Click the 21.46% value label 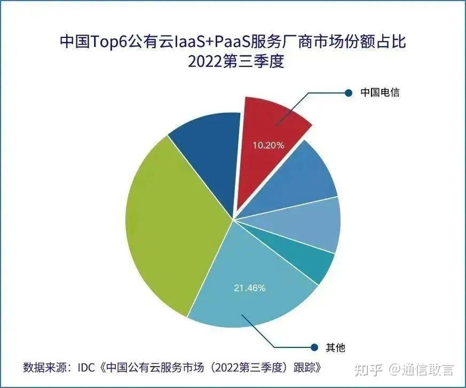coord(249,288)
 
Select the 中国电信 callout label coord(380,92)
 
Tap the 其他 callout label coord(335,348)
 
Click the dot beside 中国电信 coord(349,92)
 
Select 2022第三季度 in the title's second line coord(233,62)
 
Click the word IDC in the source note coord(87,368)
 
